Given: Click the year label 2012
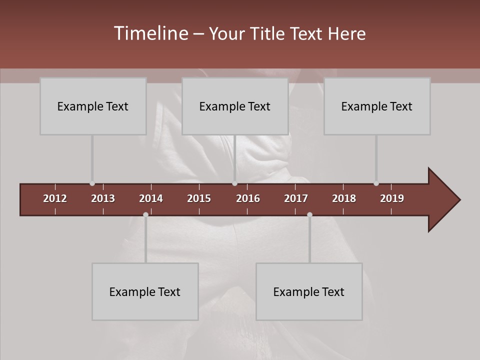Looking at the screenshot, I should click(x=55, y=198).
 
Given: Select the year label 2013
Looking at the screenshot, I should click(x=103, y=198).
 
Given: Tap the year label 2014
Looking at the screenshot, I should click(x=151, y=198).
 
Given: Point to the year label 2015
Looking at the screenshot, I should click(x=199, y=198).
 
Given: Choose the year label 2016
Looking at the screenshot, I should click(x=248, y=198).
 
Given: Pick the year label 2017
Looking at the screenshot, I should click(x=296, y=198).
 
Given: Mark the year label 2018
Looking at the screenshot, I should click(x=344, y=198).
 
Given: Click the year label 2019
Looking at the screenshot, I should click(x=392, y=198).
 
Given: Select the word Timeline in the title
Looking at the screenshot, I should click(x=150, y=33).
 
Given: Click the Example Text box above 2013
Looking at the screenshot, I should click(x=93, y=106).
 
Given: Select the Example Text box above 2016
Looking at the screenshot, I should click(x=235, y=106).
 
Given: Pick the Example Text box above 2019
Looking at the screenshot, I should click(x=377, y=106).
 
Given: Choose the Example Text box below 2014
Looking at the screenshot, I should click(x=145, y=291).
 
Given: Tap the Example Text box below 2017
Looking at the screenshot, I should click(x=309, y=291).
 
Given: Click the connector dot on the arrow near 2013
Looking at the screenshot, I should click(x=92, y=183).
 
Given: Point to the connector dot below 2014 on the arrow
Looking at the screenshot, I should click(x=145, y=214).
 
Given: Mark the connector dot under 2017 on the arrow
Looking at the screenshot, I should click(x=309, y=214).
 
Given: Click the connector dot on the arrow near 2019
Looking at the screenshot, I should click(x=376, y=183).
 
